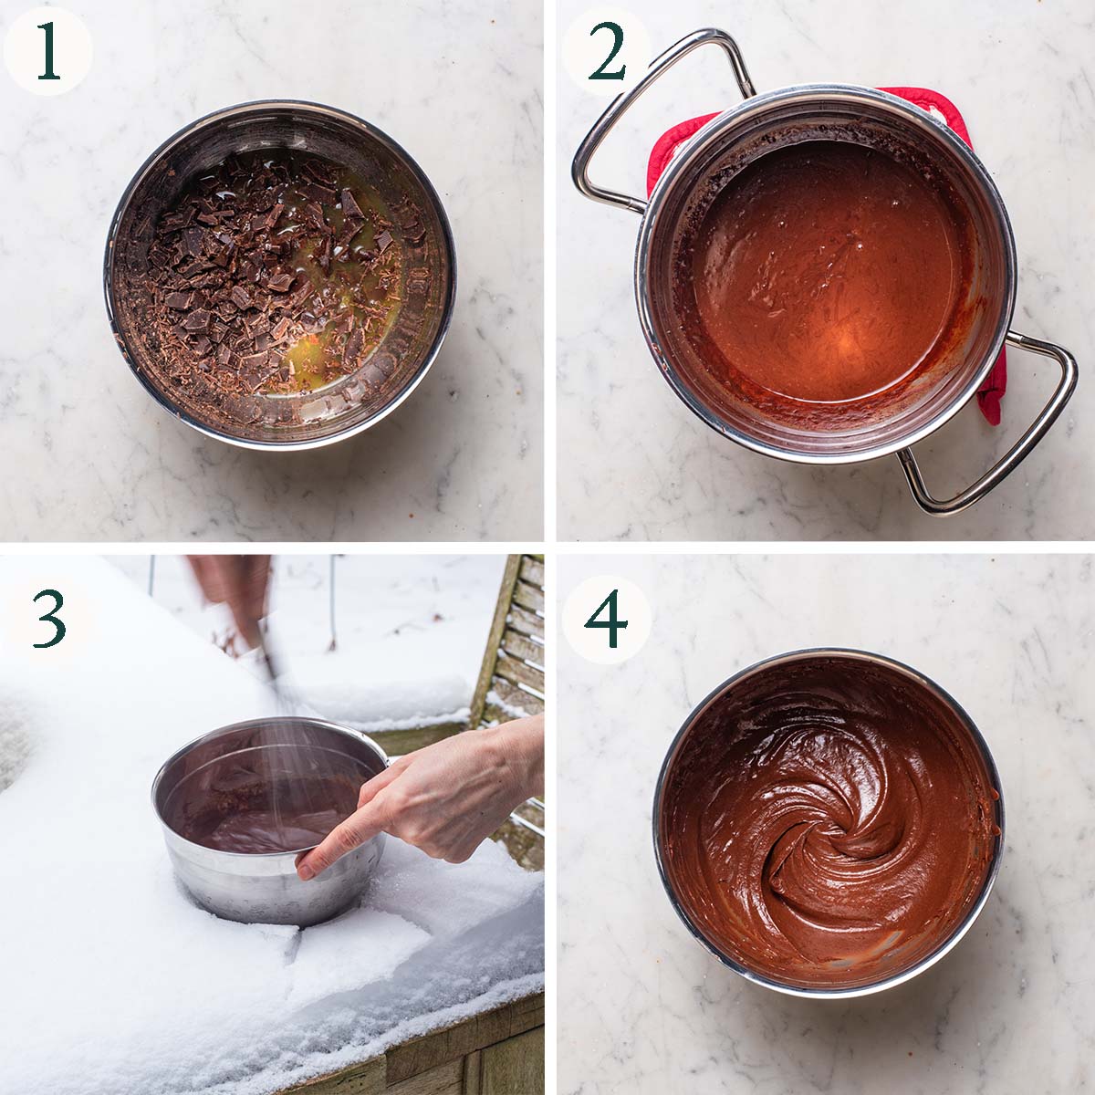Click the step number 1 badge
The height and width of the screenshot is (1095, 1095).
click(x=47, y=51)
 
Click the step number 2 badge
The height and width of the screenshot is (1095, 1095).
click(x=606, y=51)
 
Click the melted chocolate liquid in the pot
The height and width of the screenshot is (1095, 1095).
click(x=821, y=274)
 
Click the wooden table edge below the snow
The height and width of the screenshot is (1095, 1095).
click(x=456, y=1049)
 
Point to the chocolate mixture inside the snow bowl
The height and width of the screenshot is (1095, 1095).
click(x=255, y=803)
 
